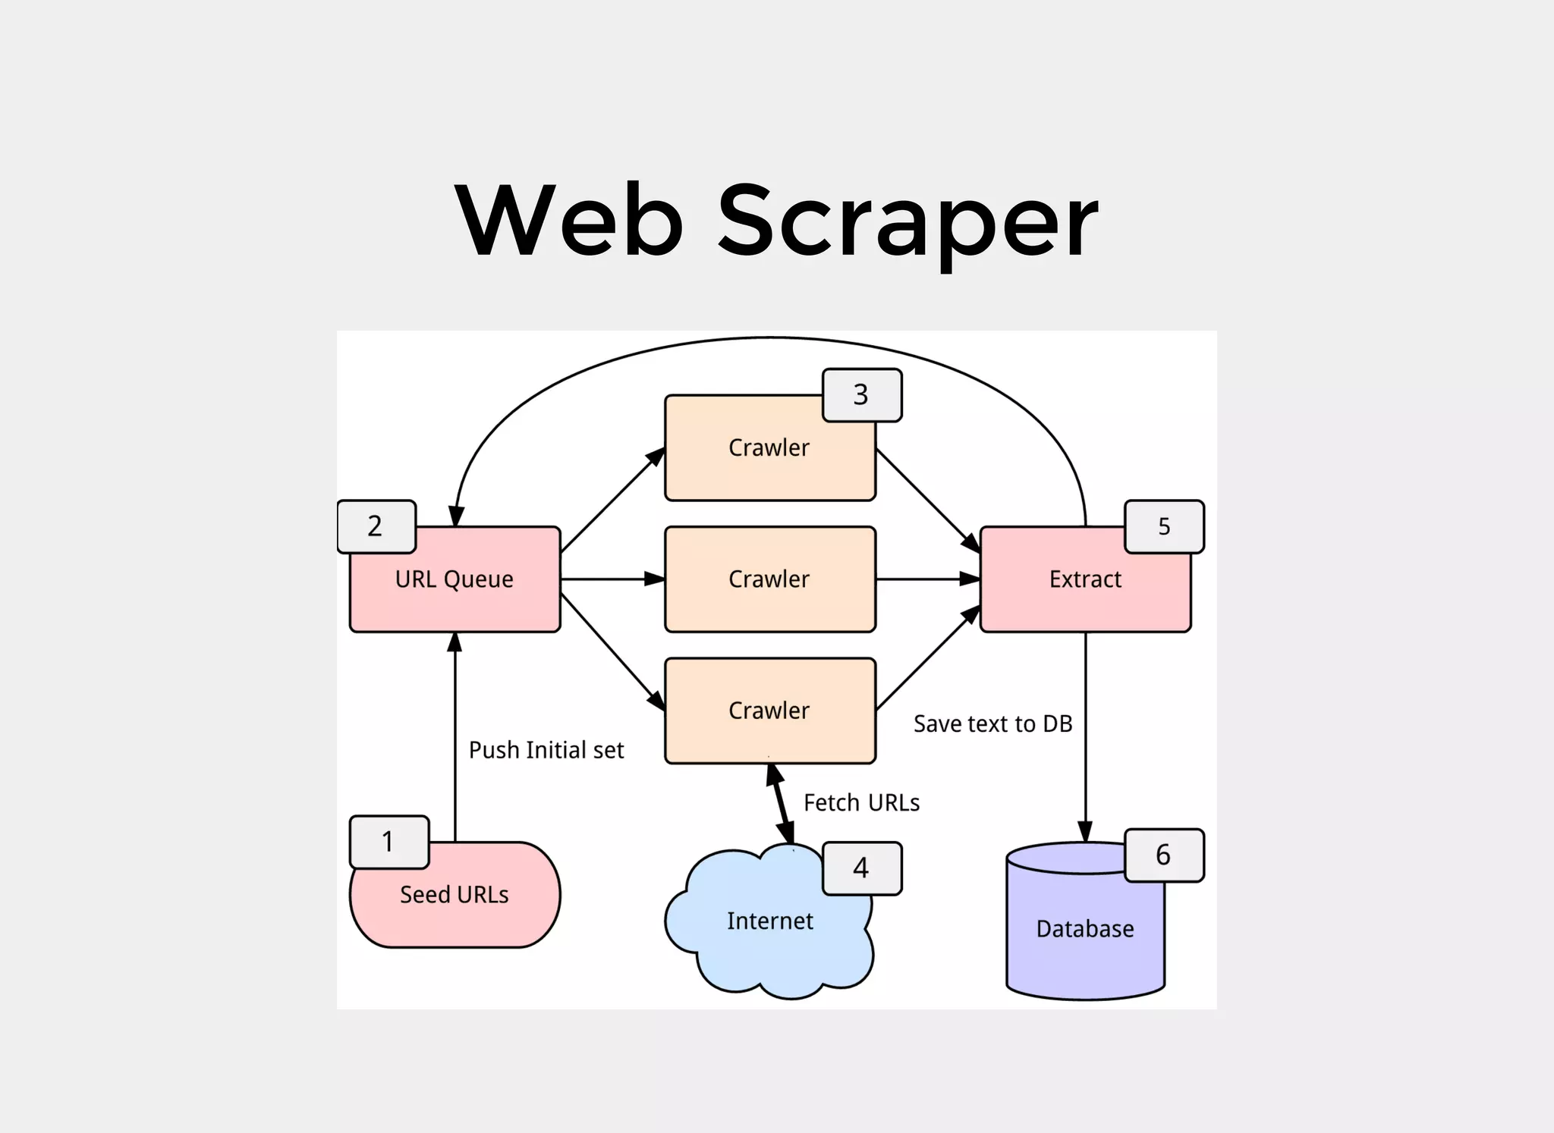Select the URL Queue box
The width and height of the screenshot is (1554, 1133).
(x=455, y=580)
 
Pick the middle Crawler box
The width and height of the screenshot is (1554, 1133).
(x=769, y=579)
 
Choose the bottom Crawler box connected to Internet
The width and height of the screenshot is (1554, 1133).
(x=769, y=711)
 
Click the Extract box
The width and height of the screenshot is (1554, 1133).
(x=1084, y=580)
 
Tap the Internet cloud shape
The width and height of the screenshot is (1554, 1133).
(x=769, y=922)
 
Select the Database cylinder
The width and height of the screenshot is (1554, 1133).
(x=1084, y=930)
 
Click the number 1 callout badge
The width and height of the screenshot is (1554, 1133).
(x=388, y=842)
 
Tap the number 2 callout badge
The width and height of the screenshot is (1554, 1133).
(x=376, y=526)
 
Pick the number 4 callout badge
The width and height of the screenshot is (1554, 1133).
(x=861, y=868)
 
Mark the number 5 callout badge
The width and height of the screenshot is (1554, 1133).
(x=1164, y=526)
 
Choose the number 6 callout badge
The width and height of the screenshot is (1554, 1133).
(x=1163, y=855)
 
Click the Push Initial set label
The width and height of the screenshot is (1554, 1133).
(x=546, y=751)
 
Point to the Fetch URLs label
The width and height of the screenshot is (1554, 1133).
(x=861, y=803)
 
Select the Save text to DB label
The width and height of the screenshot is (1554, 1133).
(x=992, y=724)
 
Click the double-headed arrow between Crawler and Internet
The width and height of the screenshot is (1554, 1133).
(x=782, y=804)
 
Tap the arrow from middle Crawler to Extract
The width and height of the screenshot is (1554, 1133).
(x=927, y=579)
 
